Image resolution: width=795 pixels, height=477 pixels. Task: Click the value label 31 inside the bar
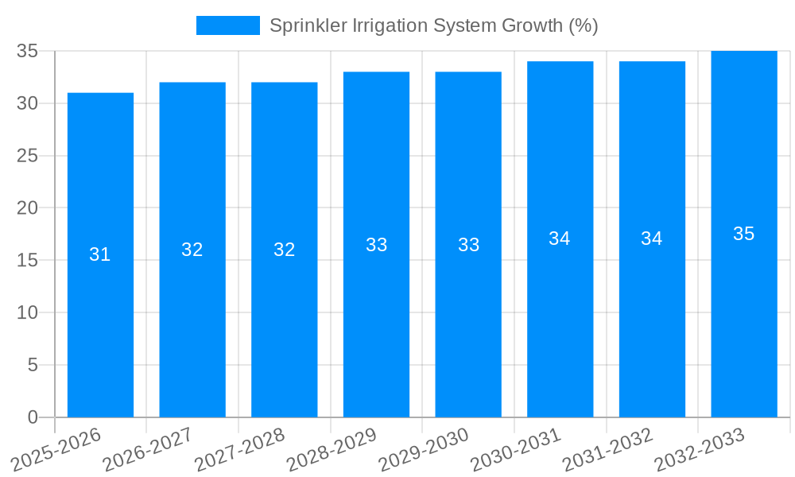click(100, 254)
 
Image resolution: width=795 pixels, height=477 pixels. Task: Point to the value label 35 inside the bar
click(744, 234)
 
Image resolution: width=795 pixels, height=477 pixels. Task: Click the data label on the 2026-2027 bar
click(192, 250)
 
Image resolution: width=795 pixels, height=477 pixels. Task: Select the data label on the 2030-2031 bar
click(560, 238)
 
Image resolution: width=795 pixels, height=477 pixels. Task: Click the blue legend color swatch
click(228, 25)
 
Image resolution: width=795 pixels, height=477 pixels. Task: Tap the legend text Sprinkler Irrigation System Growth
click(433, 25)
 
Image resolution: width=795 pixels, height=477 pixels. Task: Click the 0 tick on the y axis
click(33, 417)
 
